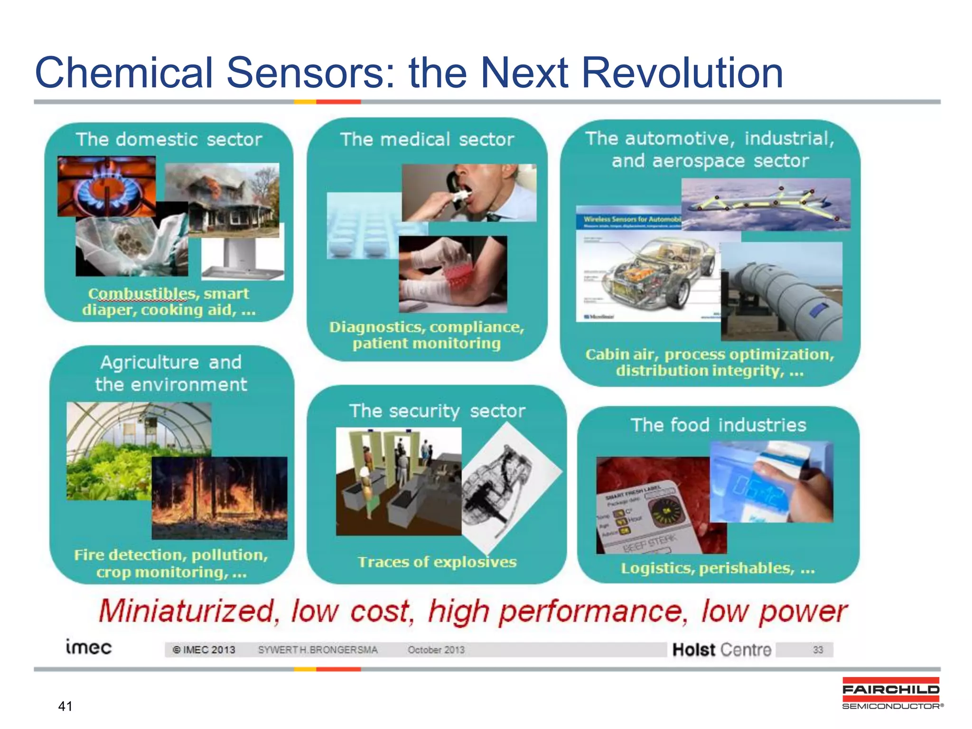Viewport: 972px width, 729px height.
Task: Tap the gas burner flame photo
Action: tap(106, 186)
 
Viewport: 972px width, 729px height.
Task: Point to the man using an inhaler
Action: tap(469, 192)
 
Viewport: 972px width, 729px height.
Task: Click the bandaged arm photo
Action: tap(453, 274)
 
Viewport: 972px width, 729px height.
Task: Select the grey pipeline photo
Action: tap(781, 292)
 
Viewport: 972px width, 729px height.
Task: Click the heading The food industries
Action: tap(718, 425)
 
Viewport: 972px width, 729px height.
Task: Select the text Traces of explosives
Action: tap(437, 562)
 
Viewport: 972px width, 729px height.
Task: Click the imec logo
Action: tap(88, 647)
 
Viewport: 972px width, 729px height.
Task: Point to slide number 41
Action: tap(65, 706)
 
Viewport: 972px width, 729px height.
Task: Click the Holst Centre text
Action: tap(721, 649)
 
